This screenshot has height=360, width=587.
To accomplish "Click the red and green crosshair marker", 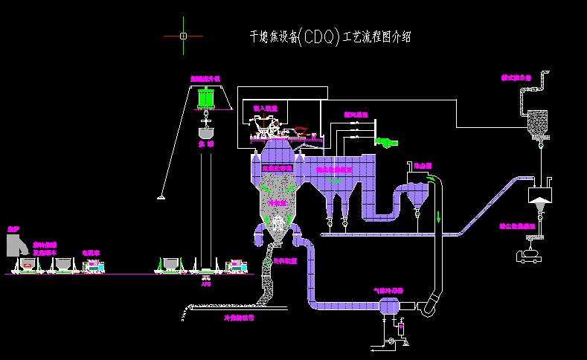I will coord(184,35).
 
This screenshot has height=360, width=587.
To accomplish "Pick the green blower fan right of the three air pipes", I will coord(388,141).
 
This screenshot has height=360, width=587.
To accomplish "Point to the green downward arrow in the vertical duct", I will coord(439,217).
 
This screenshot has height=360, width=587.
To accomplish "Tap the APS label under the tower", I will coord(206,283).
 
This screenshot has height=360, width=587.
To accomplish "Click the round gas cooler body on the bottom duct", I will coord(388,306).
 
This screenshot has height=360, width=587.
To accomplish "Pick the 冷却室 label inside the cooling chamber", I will coord(277,202).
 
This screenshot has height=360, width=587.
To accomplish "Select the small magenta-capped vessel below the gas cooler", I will coord(401,328).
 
